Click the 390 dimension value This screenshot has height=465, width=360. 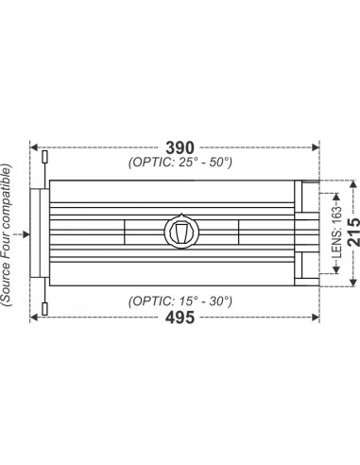coord(180,147)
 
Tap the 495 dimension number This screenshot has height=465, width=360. coord(180,318)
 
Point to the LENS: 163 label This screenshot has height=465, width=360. coord(336,233)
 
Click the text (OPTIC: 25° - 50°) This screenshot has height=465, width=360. coord(180,163)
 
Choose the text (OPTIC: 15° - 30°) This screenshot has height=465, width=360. coord(180,301)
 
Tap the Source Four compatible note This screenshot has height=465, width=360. coord(7,235)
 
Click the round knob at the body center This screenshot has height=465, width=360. coord(181,232)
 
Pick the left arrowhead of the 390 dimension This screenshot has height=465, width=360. coord(34,147)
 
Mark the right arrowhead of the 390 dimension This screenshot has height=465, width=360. coord(316,147)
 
